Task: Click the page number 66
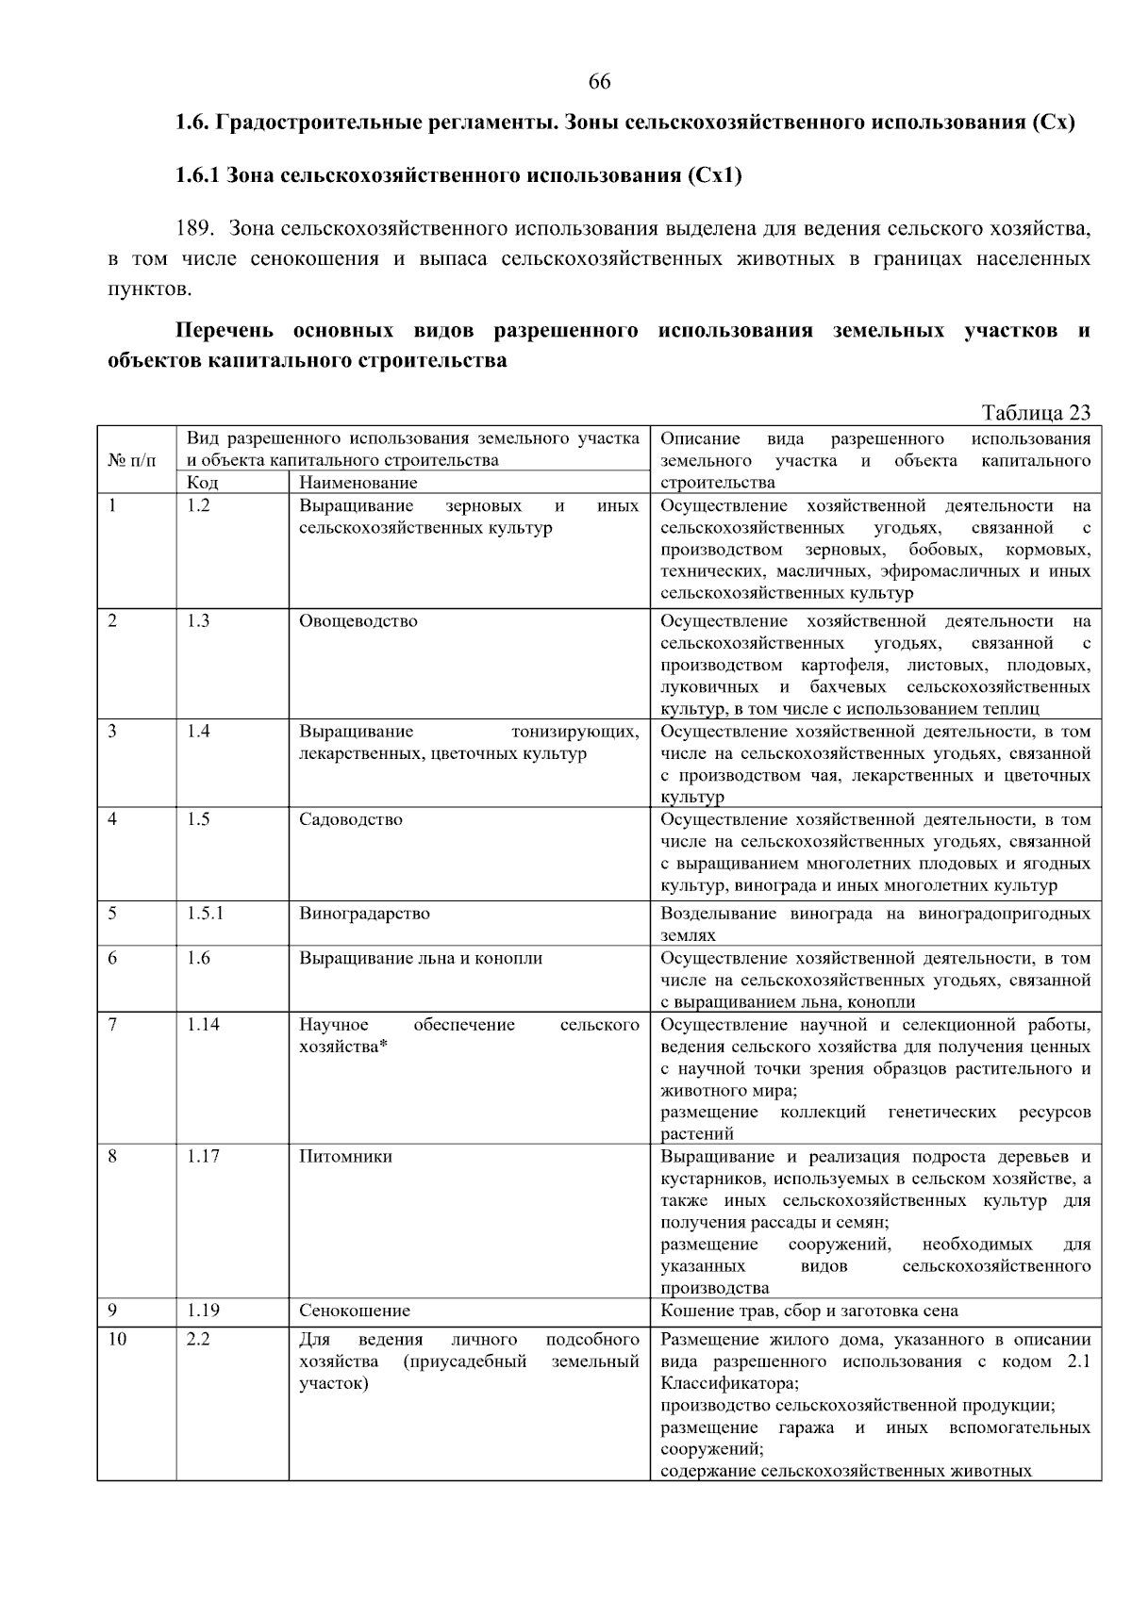point(599,82)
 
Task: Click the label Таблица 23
point(1036,413)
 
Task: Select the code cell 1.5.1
point(205,914)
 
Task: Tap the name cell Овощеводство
point(358,621)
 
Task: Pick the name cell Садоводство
point(351,819)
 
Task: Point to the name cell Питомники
point(345,1157)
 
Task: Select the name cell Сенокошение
point(355,1311)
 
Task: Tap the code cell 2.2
point(198,1340)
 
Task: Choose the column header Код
point(202,483)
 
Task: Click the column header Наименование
point(358,483)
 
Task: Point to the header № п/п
point(133,461)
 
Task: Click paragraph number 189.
point(196,229)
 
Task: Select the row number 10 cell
point(117,1340)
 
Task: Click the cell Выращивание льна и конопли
point(421,959)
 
